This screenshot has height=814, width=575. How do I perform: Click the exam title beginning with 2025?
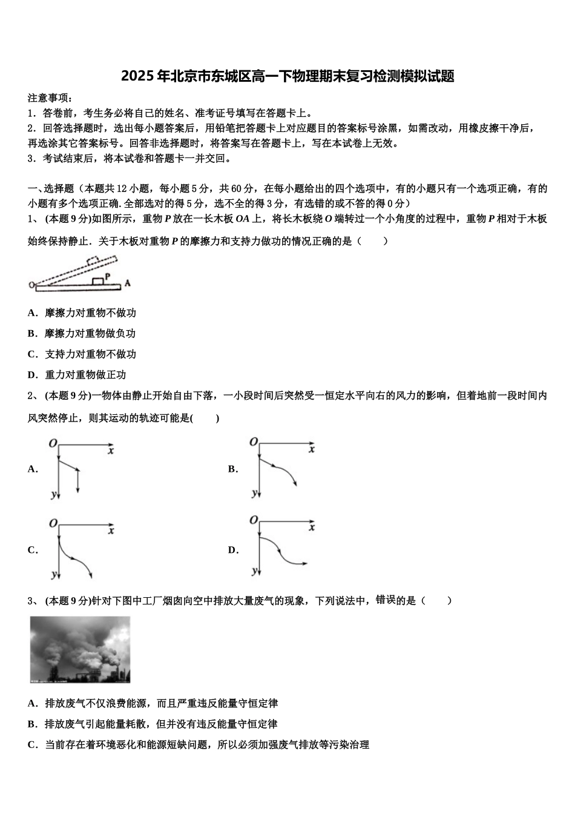point(287,76)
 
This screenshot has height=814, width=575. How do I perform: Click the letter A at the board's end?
point(127,283)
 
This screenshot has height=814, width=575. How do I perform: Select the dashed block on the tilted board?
point(93,261)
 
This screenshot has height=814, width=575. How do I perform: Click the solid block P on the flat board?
point(97,281)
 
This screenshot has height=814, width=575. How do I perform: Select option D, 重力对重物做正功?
point(77,375)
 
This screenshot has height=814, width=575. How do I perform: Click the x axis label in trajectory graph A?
point(111,451)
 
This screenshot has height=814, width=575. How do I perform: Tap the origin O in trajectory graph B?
point(254,442)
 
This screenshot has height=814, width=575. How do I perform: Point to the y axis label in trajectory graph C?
point(54,575)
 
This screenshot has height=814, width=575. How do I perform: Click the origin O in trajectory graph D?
point(254,520)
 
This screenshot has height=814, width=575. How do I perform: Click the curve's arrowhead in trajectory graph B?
point(295,484)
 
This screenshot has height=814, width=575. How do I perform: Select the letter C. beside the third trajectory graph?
point(33,551)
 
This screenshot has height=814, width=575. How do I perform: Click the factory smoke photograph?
point(80,649)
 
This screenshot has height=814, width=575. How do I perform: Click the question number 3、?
point(34,601)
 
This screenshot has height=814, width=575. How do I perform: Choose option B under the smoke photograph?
point(153,724)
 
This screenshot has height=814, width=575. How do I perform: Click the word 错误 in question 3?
point(386,600)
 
